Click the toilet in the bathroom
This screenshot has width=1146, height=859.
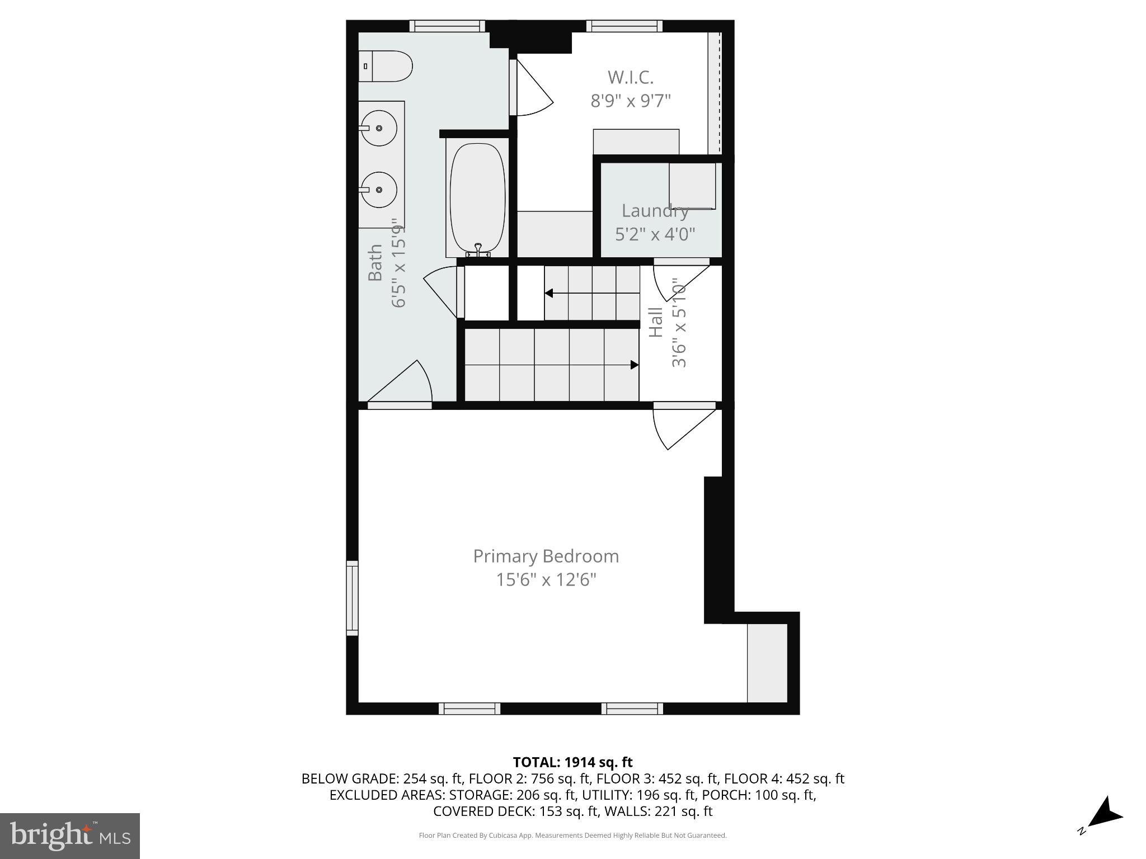click(x=386, y=66)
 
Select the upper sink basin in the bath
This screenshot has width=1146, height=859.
click(x=379, y=128)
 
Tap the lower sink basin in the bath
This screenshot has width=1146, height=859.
click(x=379, y=190)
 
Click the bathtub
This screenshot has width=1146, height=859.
click(x=477, y=199)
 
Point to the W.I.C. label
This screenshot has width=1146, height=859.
click(x=631, y=77)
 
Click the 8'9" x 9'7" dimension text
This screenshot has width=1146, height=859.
click(x=631, y=101)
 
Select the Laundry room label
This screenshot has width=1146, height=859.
click(x=655, y=211)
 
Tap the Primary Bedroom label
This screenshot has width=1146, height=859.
click(x=546, y=556)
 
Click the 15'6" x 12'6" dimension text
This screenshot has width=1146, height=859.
click(x=546, y=580)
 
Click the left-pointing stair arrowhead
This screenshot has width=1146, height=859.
click(x=549, y=293)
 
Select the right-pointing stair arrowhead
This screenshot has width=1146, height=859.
click(x=635, y=365)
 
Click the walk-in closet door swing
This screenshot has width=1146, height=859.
click(x=533, y=89)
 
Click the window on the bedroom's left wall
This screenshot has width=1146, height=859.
click(x=352, y=597)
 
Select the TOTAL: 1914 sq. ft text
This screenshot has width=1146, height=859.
click(x=572, y=762)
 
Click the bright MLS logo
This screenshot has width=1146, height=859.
click(x=70, y=836)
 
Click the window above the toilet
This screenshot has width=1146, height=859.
click(x=447, y=26)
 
